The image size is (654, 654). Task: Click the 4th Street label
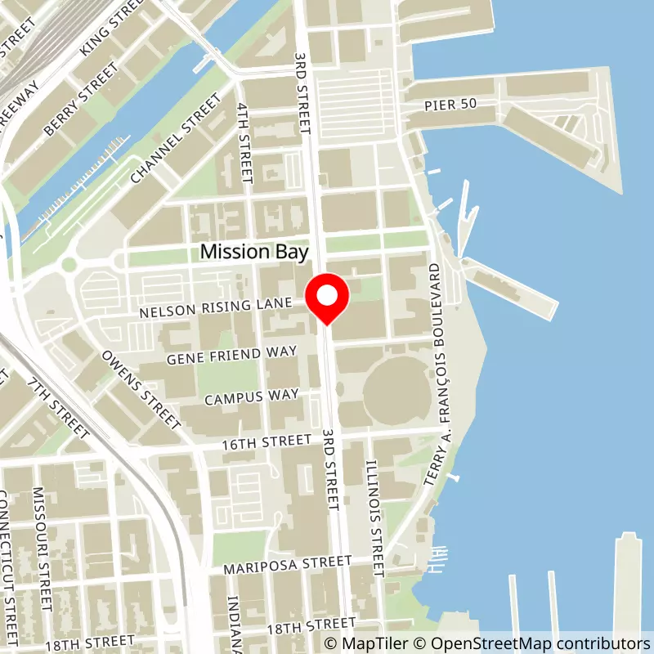tap(244, 141)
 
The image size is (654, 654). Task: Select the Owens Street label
tap(140, 390)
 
